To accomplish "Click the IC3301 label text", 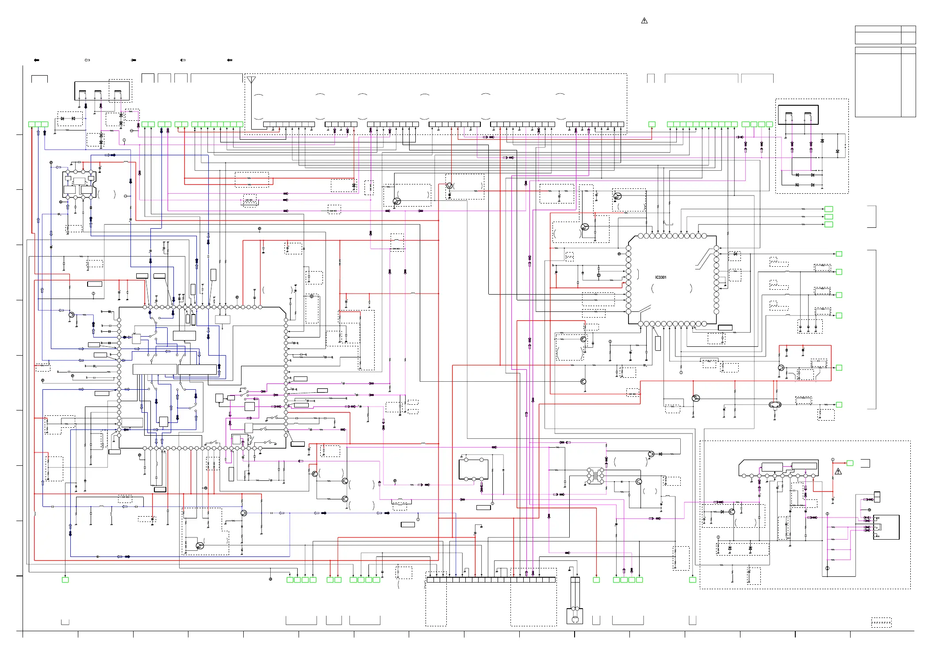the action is [x=660, y=277].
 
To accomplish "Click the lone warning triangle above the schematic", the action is [x=644, y=21].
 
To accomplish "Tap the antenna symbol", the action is [x=251, y=80].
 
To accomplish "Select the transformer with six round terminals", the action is [x=595, y=476].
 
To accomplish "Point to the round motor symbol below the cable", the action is [x=575, y=619].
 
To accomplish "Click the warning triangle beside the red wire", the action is [x=838, y=472].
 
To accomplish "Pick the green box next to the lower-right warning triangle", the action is [x=850, y=463].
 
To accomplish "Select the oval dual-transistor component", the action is [x=775, y=405].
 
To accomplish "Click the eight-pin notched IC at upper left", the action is [x=80, y=184].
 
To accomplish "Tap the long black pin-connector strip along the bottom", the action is [x=491, y=580].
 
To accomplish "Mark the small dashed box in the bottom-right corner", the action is [x=881, y=622].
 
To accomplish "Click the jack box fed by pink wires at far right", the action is [x=886, y=527].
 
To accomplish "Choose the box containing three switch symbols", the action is [x=103, y=90].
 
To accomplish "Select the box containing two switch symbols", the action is [x=798, y=115].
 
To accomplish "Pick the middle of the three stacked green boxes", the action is [x=828, y=217].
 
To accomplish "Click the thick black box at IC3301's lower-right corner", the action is [x=725, y=328].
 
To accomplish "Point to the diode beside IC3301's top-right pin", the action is [x=735, y=254].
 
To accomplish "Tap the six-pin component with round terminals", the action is [x=473, y=469].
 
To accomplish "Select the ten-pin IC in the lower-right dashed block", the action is [x=778, y=469].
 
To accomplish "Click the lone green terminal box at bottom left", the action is [x=65, y=580].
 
